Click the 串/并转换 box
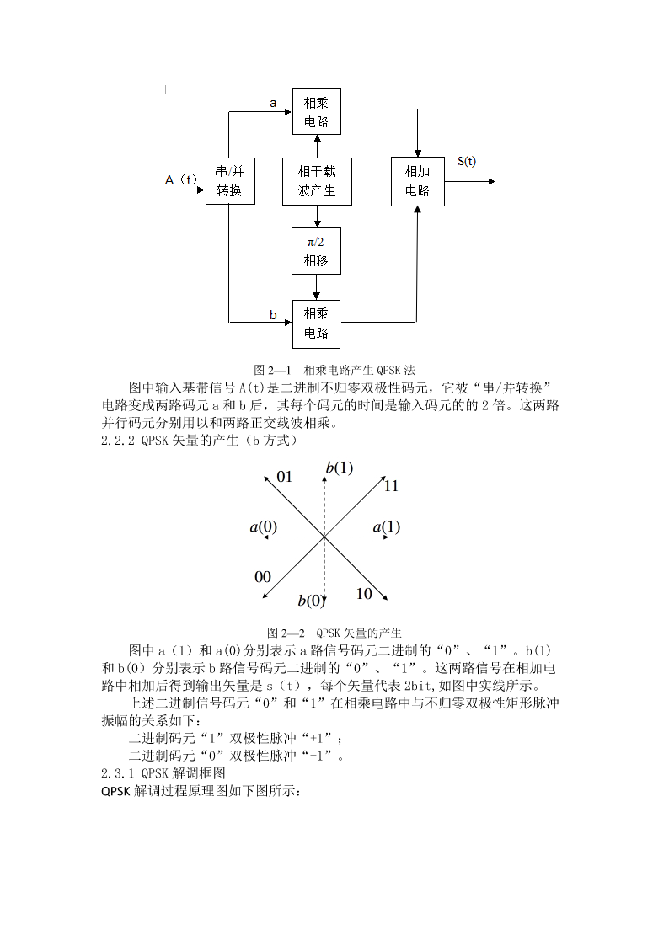(x=230, y=181)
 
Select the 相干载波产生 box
(x=317, y=181)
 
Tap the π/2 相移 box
(x=316, y=251)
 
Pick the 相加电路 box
(x=417, y=181)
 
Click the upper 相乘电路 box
(x=316, y=111)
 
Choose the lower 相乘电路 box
(x=316, y=324)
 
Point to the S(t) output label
(x=466, y=161)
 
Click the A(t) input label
(x=181, y=179)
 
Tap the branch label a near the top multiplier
(x=273, y=103)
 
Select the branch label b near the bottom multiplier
(x=273, y=315)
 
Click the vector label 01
(x=284, y=477)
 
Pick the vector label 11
(x=391, y=486)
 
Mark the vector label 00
(x=262, y=577)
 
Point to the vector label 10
(x=364, y=594)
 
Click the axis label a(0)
(x=264, y=527)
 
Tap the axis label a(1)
(x=387, y=527)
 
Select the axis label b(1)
(x=340, y=468)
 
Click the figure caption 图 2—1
(x=272, y=370)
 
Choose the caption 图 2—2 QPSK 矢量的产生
(x=334, y=633)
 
